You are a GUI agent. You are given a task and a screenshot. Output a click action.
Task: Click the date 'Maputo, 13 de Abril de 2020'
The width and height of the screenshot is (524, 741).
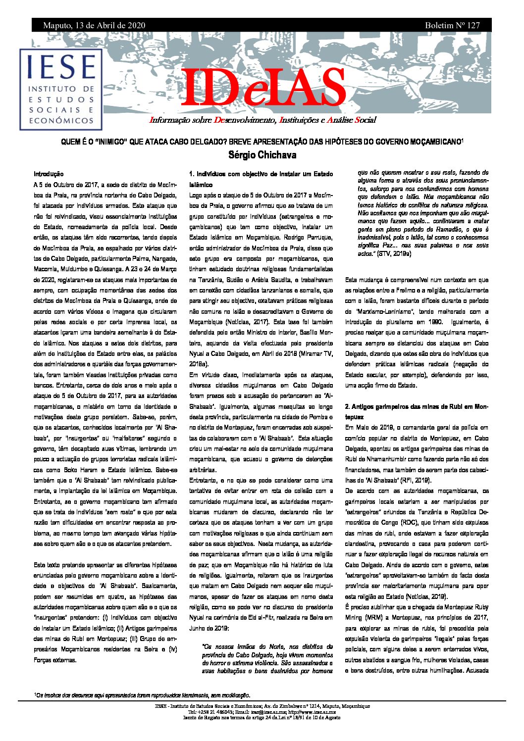94,25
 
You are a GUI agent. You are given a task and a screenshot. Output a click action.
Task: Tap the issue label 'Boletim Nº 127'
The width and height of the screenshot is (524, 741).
452,25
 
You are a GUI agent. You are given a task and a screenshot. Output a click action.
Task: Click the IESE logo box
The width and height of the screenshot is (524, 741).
61,89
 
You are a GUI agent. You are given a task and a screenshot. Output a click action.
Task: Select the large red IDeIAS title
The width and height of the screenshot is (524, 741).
263,89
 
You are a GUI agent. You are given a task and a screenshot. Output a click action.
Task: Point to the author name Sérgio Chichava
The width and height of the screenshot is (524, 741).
262,155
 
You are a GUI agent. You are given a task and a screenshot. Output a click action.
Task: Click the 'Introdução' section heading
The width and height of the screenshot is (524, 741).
49,174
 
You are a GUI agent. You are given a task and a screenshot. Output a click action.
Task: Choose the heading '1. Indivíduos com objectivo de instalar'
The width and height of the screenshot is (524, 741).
261,174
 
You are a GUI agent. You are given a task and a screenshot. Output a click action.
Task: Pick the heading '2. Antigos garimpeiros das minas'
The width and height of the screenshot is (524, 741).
417,406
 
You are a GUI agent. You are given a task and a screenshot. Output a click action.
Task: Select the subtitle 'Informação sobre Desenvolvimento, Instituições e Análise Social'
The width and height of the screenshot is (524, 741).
262,120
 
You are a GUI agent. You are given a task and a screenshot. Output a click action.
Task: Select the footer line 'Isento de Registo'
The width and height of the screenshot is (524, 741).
262,717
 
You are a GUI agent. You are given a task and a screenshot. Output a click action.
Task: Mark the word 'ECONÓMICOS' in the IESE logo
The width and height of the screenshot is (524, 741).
61,120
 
